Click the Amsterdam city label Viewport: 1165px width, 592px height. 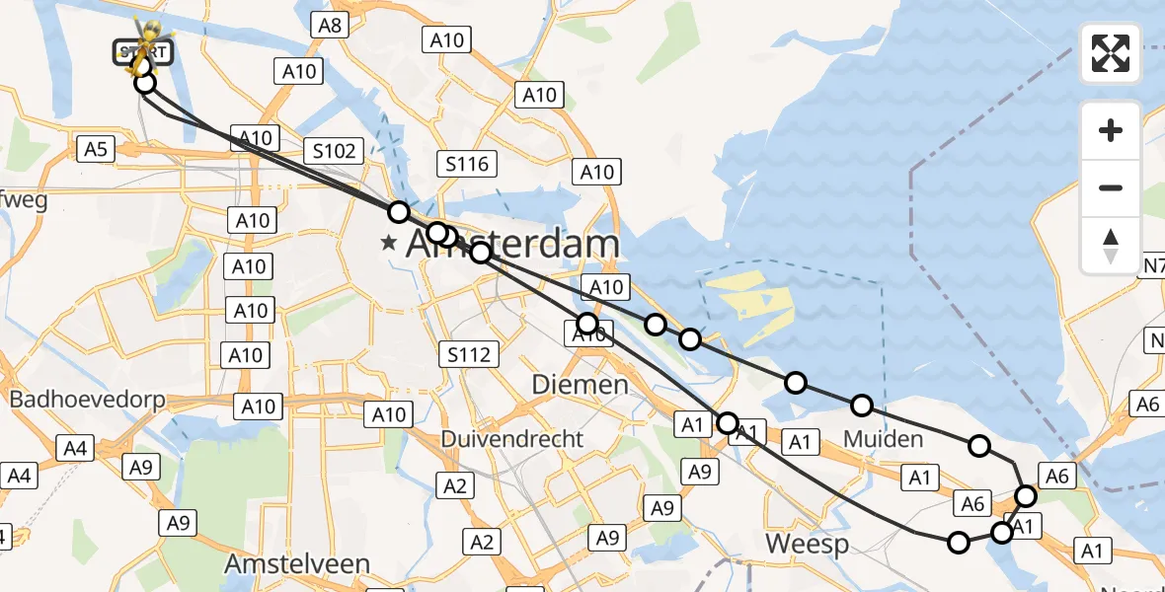(x=513, y=244)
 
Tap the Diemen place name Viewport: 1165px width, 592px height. (x=581, y=384)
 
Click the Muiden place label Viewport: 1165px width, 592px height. (x=884, y=438)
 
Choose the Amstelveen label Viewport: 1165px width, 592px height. (x=297, y=564)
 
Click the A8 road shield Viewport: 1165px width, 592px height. (x=330, y=25)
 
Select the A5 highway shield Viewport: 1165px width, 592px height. (x=97, y=149)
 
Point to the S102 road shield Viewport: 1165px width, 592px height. (x=335, y=151)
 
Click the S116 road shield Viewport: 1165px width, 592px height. (x=467, y=164)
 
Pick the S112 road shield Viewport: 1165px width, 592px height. (x=469, y=354)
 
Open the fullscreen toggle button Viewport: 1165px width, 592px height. (x=1111, y=53)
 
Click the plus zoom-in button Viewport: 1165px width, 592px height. (x=1111, y=130)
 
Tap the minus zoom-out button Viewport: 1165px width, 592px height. (x=1111, y=187)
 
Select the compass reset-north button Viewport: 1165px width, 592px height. (x=1111, y=245)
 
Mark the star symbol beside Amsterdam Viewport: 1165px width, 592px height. (x=390, y=243)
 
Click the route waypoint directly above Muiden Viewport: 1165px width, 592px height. (x=862, y=405)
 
